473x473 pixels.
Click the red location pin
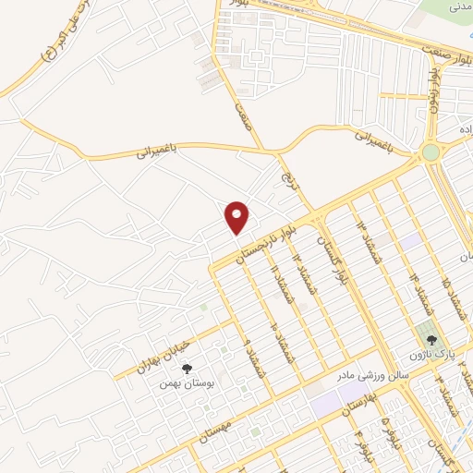click(x=238, y=217)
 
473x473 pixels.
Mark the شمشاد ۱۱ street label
click(x=274, y=280)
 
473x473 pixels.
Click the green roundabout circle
click(x=431, y=152)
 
